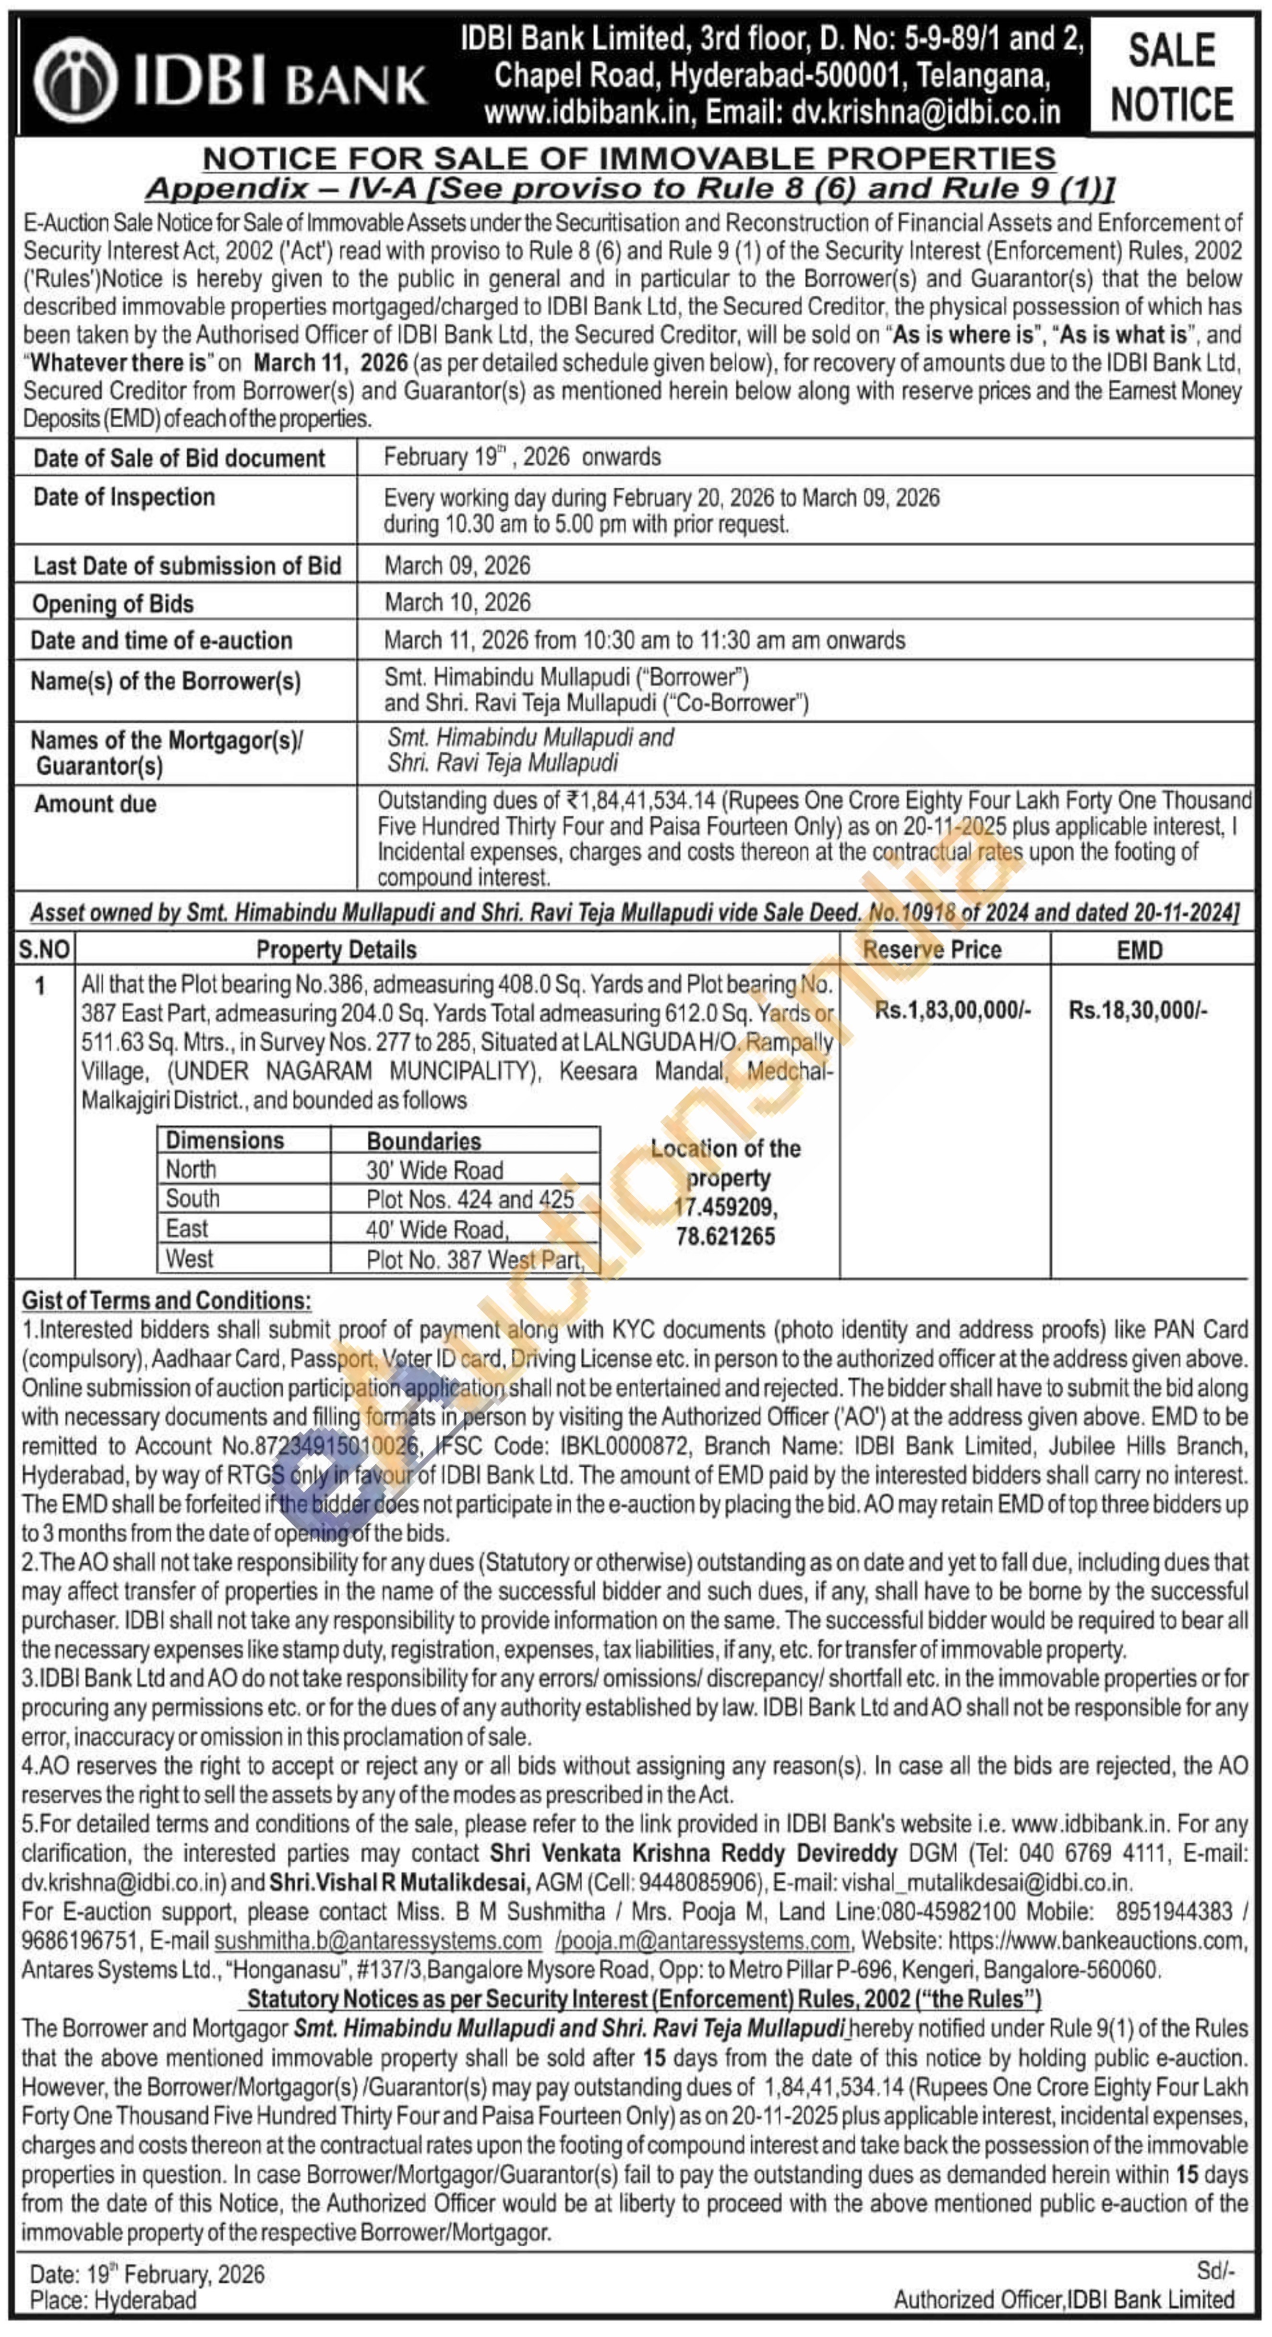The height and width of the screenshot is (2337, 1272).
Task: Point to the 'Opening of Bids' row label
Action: [x=112, y=603]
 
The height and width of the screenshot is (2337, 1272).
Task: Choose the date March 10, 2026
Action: [x=457, y=602]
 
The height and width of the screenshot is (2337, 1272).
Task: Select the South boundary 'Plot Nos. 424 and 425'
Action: [x=470, y=1199]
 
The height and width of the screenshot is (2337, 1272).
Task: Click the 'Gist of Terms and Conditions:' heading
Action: [x=166, y=1300]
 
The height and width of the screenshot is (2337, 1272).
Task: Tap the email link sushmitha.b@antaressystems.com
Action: [x=377, y=1940]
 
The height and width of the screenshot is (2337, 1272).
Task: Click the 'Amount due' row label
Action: [x=95, y=804]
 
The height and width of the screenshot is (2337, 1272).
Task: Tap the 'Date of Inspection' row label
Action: [x=124, y=497]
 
